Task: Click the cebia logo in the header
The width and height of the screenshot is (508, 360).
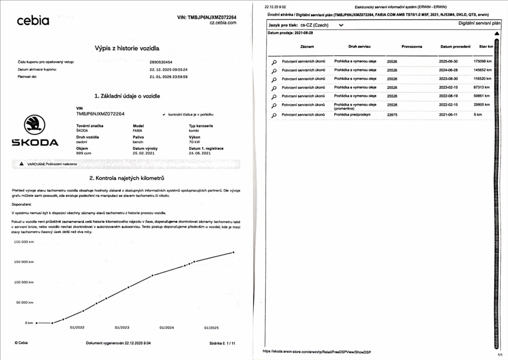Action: click(x=33, y=21)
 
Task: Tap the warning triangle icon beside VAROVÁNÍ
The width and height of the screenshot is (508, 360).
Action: click(x=21, y=164)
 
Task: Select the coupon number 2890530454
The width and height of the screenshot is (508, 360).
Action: click(x=161, y=62)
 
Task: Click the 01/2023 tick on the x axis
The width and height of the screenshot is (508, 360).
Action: click(x=122, y=328)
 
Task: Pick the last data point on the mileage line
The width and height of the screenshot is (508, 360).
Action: click(x=233, y=252)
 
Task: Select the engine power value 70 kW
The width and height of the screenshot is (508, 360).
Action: click(x=195, y=142)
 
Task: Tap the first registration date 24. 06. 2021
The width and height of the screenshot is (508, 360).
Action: click(x=200, y=153)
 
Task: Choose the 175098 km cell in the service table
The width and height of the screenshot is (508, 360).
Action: click(x=485, y=61)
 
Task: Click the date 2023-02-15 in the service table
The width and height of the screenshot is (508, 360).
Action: click(x=450, y=87)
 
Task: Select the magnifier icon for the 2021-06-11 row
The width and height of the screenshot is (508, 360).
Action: click(x=274, y=116)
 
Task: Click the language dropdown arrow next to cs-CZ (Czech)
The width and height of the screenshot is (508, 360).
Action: click(x=341, y=25)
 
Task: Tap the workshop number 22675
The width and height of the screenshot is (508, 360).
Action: click(x=392, y=115)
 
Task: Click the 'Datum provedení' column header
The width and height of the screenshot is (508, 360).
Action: click(x=455, y=47)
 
